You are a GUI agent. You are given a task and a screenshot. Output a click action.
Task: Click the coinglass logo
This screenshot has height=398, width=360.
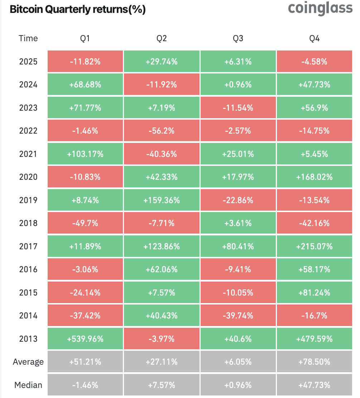coord(320,8)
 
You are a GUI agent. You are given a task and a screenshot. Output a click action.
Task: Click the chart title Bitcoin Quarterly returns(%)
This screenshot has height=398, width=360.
coord(78,10)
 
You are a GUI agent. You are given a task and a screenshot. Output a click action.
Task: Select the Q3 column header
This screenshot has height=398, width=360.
coord(238,38)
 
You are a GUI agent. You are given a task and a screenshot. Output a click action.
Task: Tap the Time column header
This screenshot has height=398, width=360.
coord(28,38)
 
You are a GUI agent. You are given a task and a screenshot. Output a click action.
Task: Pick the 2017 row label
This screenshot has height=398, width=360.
coord(28,246)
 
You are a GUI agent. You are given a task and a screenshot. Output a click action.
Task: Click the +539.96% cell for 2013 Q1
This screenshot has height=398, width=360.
coord(85,339)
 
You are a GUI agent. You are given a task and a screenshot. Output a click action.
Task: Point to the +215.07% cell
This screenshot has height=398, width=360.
coord(315,246)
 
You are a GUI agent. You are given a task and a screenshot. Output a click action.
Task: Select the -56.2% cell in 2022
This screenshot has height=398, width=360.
coord(162,131)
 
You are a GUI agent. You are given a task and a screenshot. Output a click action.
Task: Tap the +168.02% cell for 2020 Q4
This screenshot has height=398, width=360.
coord(315,177)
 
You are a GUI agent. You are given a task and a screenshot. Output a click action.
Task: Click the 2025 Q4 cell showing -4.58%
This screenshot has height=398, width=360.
coord(315,62)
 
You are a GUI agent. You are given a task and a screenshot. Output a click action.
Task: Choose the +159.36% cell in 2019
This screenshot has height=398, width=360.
coord(162,200)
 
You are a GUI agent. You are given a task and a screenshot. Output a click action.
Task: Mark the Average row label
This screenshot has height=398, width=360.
coord(28,362)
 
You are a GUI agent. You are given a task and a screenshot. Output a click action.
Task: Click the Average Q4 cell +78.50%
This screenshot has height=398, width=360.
coord(315,362)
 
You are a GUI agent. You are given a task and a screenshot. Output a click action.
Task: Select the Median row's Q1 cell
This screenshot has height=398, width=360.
coord(85,385)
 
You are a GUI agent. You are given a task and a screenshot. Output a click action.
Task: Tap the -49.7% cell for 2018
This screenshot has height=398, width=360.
coord(85,223)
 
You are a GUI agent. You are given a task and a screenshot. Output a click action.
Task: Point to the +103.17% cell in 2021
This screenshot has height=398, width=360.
coord(85,154)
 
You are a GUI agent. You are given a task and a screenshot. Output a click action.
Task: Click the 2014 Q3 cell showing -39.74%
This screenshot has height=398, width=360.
coord(238,316)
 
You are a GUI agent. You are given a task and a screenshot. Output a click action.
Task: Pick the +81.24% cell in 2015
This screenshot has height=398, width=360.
coord(315,293)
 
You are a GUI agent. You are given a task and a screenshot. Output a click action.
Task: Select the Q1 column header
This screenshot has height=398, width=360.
coord(85,38)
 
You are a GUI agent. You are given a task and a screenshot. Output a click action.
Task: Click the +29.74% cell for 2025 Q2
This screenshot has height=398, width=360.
coord(162,62)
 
